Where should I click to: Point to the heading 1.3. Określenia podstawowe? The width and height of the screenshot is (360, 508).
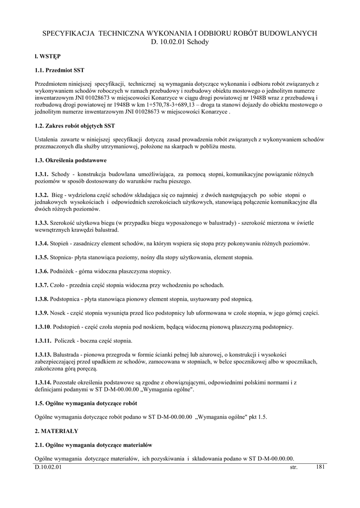click(71, 161)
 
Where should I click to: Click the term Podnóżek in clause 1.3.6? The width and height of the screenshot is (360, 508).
click(66, 271)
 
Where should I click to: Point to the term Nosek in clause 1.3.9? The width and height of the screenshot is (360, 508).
click(60, 313)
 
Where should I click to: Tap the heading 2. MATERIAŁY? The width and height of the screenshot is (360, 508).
click(57, 431)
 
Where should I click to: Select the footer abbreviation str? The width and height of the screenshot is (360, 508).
click(293, 468)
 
